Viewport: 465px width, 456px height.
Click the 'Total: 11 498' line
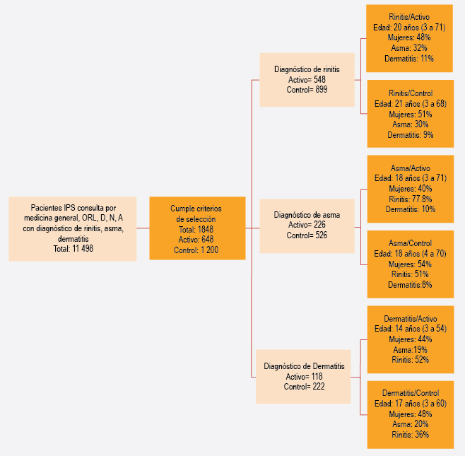pos(73,249)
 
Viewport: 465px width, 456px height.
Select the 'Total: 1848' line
pos(196,229)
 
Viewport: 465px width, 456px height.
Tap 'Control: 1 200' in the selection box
pos(196,250)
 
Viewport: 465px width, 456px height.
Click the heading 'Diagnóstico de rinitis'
pos(307,69)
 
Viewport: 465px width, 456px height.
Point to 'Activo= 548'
pos(307,79)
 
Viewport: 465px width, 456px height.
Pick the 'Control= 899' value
pos(307,90)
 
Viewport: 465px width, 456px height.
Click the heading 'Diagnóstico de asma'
pos(307,215)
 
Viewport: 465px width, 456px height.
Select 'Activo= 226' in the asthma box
pos(307,225)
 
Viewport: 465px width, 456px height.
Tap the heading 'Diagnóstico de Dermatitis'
pos(304,366)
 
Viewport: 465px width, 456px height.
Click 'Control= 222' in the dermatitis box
pos(304,387)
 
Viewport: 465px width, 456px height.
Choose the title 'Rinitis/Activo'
pos(409,17)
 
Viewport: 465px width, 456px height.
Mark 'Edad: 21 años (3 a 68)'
pos(411,104)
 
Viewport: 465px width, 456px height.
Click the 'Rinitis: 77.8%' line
pos(411,199)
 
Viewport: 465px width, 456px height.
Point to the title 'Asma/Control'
pos(410,243)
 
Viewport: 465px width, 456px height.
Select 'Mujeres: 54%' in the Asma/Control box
pos(410,264)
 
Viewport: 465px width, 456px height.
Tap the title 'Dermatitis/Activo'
pos(411,319)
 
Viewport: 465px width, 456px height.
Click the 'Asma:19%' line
pos(411,349)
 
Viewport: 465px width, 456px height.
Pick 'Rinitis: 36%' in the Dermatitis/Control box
pos(411,435)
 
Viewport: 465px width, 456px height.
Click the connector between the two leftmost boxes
pos(143,228)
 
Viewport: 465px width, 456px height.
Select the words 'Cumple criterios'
pos(196,209)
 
